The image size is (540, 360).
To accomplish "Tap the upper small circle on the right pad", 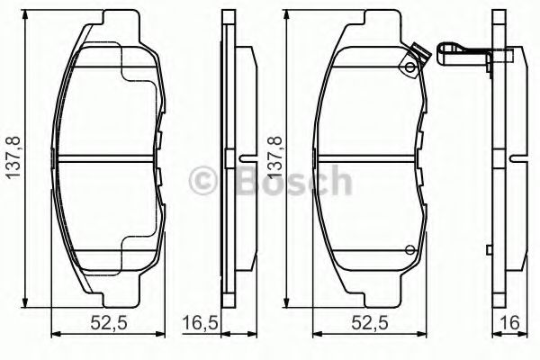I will [410, 68].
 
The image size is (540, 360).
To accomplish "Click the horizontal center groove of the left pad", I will [108, 160].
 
